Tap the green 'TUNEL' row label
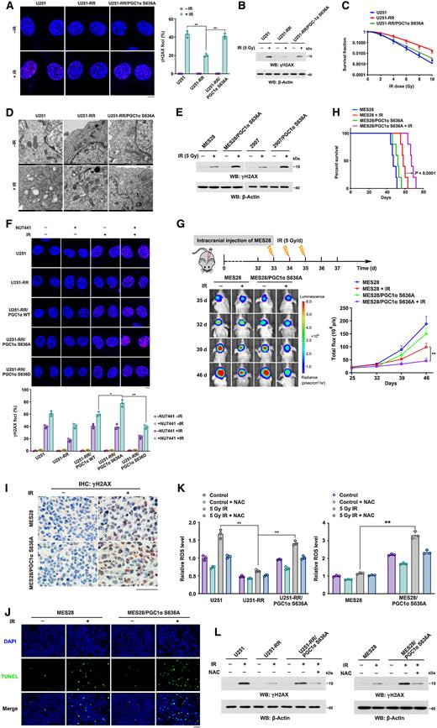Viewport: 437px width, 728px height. point(14,647)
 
